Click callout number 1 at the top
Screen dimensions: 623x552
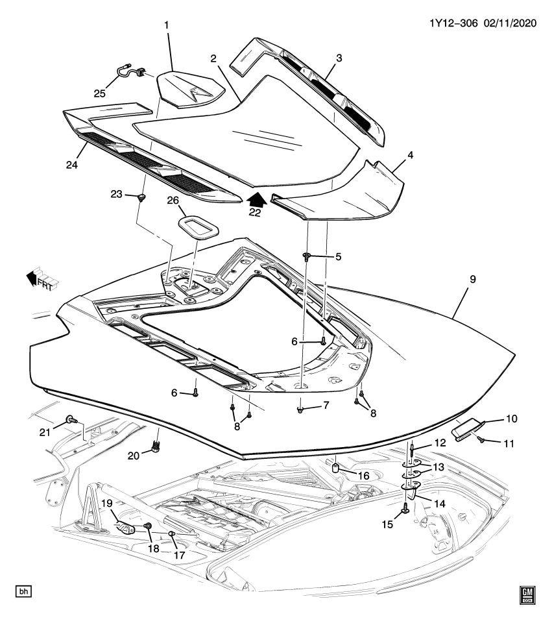point(167,25)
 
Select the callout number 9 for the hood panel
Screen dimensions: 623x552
point(473,279)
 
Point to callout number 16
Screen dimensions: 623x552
point(363,476)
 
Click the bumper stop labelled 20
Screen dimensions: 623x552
point(156,446)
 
